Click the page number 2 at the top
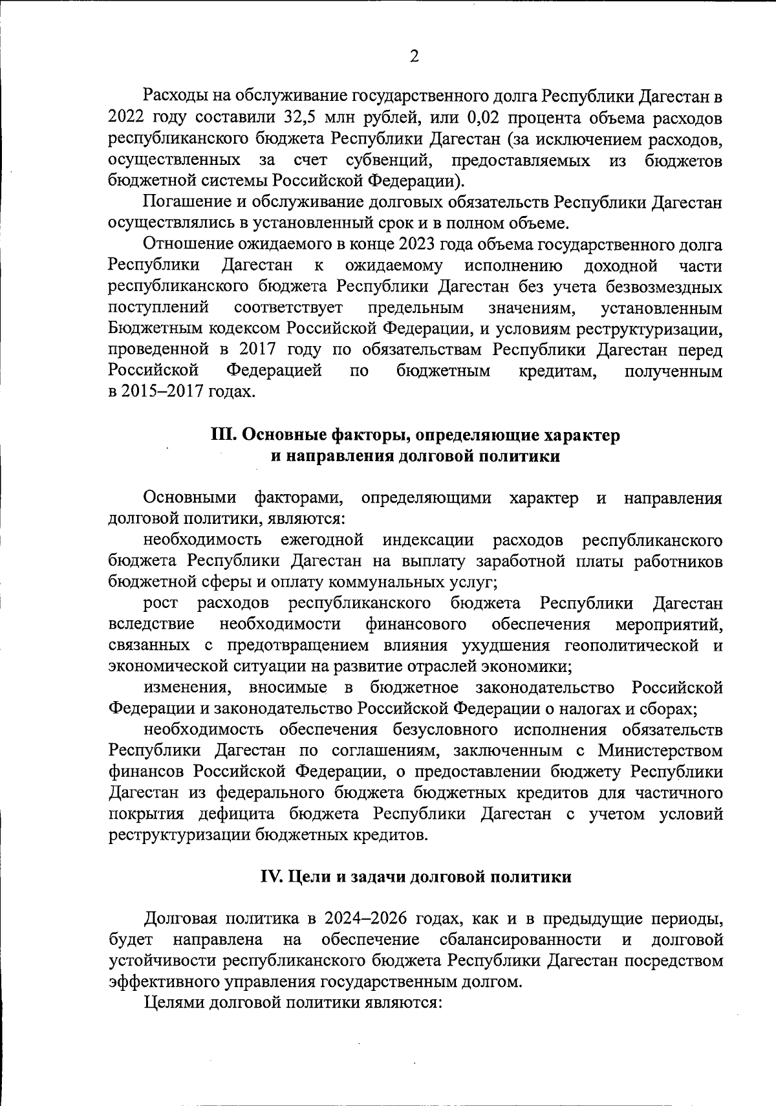pos(415,56)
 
